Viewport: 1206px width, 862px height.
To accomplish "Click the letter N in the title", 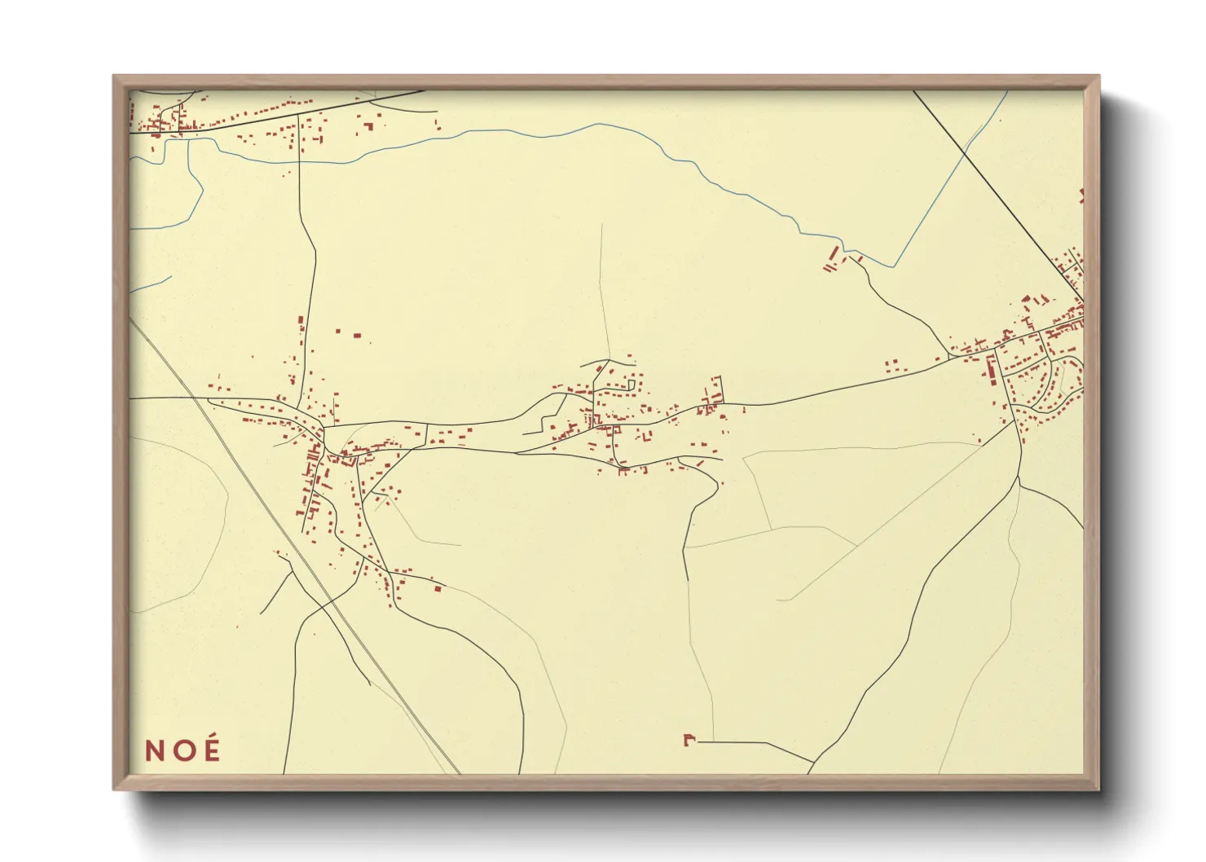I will tap(154, 750).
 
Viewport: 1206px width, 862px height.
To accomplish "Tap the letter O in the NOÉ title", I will tap(183, 750).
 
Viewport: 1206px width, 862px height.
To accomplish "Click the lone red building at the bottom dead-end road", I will tap(689, 740).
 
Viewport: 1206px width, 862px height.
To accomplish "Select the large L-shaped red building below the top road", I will tap(368, 126).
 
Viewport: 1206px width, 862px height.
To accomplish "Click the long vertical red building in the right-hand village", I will tap(992, 372).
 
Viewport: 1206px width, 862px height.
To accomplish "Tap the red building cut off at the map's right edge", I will tap(1081, 196).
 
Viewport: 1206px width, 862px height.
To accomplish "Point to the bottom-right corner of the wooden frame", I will tap(1098, 788).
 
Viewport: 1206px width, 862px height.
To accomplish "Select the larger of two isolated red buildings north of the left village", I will tap(356, 334).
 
